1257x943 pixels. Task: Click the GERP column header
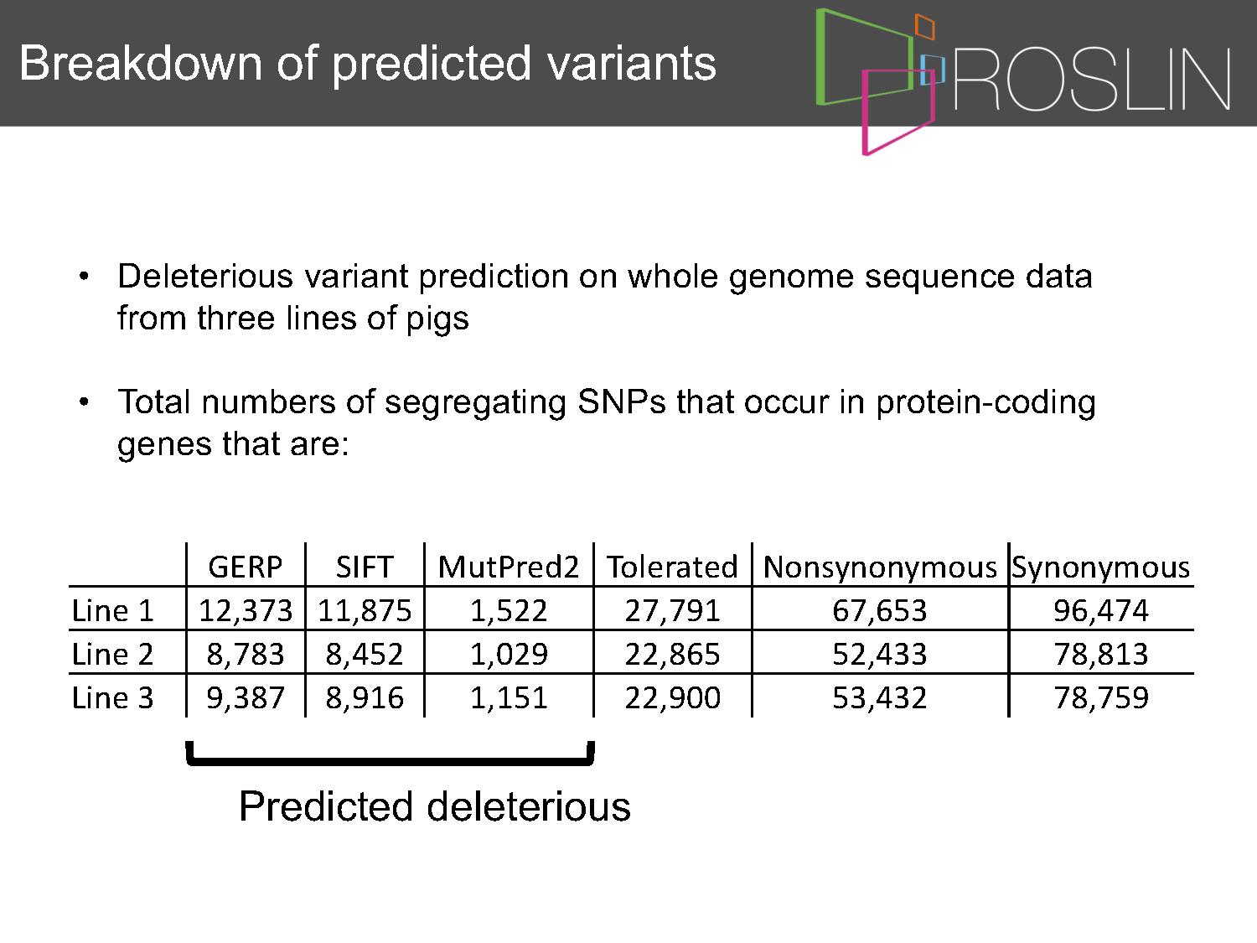click(x=245, y=567)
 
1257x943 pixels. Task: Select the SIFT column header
click(x=365, y=567)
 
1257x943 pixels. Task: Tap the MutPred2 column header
click(x=509, y=567)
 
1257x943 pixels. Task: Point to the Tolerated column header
click(x=672, y=567)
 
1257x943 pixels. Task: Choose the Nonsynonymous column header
click(x=880, y=568)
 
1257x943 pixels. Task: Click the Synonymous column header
click(x=1100, y=568)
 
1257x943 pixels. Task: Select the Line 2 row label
click(x=113, y=654)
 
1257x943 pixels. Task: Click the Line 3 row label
click(x=113, y=697)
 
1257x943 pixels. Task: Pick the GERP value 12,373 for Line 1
click(x=245, y=611)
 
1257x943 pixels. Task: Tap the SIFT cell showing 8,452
click(x=365, y=655)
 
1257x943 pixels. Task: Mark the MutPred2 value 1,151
click(x=509, y=698)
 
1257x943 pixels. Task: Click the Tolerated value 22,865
click(x=672, y=655)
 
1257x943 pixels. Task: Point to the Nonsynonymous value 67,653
click(x=880, y=611)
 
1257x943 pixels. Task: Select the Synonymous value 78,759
click(x=1100, y=698)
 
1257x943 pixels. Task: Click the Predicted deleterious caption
click(x=435, y=806)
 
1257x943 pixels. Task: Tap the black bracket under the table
click(x=390, y=761)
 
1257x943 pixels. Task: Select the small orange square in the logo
click(x=925, y=27)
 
